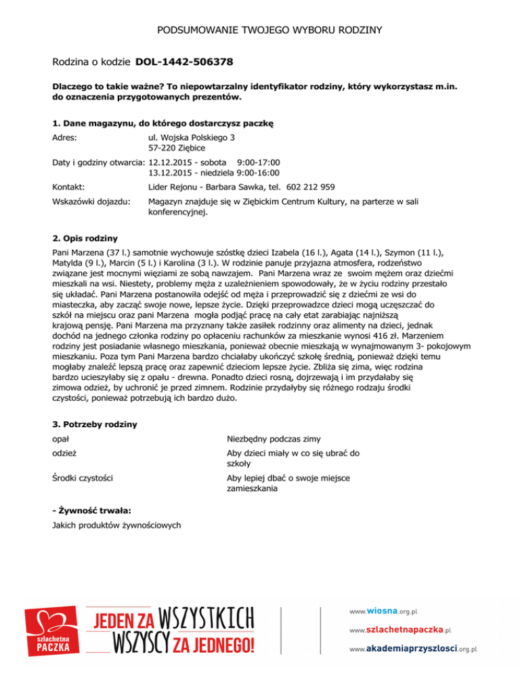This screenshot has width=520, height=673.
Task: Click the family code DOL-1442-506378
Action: pyautogui.click(x=184, y=62)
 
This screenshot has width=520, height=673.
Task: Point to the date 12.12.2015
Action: pyautogui.click(x=169, y=162)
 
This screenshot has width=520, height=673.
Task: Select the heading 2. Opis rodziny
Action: pyautogui.click(x=85, y=238)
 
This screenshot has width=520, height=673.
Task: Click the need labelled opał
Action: pyautogui.click(x=63, y=439)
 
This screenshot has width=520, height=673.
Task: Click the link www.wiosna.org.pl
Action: pyautogui.click(x=383, y=611)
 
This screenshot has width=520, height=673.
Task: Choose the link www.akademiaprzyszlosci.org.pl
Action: pyautogui.click(x=414, y=649)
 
